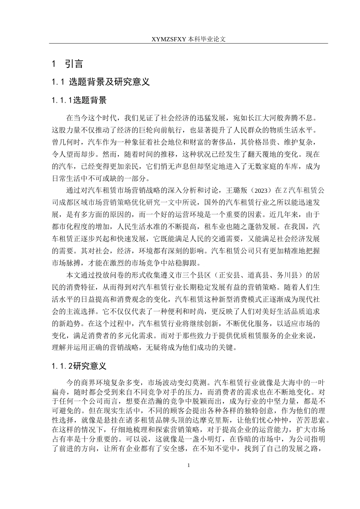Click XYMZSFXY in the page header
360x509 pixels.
(169, 39)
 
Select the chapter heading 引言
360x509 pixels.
(74, 64)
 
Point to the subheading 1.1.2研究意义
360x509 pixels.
(80, 366)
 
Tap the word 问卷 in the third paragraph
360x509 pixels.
(101, 275)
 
